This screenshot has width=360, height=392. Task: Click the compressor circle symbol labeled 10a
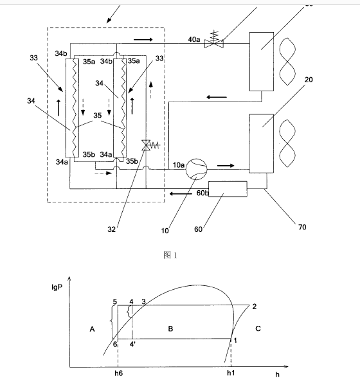tap(196, 169)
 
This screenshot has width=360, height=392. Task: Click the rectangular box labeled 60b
tap(228, 189)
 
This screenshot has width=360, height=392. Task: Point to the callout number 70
tap(302, 227)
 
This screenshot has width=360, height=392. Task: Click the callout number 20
tap(309, 80)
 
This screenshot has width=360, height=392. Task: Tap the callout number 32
tap(112, 229)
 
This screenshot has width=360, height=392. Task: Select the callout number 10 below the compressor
tap(165, 231)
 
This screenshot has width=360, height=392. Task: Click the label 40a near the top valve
tap(194, 39)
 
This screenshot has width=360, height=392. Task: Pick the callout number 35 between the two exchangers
tap(98, 116)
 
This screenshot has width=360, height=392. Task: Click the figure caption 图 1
tap(170, 255)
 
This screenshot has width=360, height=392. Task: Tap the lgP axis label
tap(57, 287)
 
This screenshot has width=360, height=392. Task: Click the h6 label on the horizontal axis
tap(118, 373)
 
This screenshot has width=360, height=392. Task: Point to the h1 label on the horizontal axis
tap(231, 373)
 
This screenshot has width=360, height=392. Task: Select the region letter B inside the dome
tap(170, 328)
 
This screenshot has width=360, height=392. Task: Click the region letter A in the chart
tap(92, 329)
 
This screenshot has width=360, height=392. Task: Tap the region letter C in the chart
tap(258, 328)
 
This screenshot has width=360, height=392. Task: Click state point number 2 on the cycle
tap(255, 307)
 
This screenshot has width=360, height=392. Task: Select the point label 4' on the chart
tap(132, 344)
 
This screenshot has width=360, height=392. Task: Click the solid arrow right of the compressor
tap(226, 166)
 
